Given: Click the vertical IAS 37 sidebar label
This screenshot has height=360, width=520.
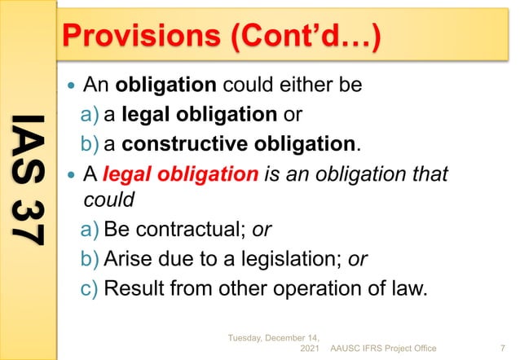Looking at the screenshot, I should [29, 179].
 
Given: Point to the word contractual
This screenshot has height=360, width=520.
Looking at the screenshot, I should [187, 230].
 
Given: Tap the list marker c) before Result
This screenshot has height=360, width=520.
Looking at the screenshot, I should [91, 288].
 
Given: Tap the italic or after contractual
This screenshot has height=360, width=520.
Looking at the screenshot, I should [262, 230].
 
